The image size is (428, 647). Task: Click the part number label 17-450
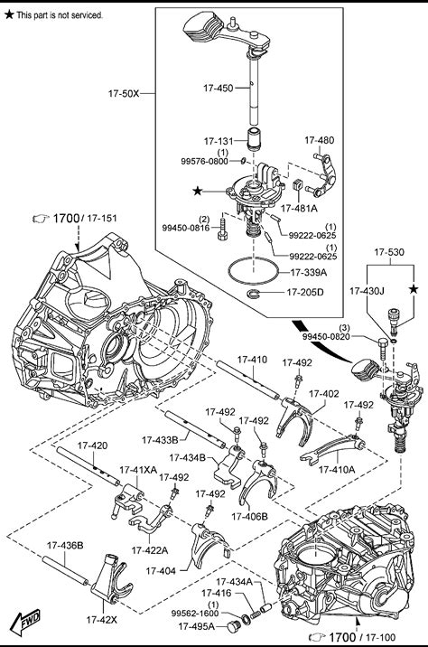coord(219,88)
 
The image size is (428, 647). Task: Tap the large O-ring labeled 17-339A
coord(253,271)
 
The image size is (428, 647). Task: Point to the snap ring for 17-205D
coord(256,294)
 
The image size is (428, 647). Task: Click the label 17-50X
coord(124,93)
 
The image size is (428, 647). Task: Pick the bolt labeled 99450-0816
coord(222,230)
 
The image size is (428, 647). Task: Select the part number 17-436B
coord(65,546)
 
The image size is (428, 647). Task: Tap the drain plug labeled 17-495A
coord(234,627)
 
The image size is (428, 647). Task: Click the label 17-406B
coord(249,516)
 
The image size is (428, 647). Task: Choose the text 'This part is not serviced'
coord(60,15)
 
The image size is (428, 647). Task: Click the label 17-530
coord(389,252)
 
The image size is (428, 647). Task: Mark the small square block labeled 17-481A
coord(297,185)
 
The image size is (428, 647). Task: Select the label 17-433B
coord(160,440)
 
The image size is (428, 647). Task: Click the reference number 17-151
coord(102,219)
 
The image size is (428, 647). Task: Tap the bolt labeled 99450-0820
coord(382,349)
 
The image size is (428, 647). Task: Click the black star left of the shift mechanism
coord(198,191)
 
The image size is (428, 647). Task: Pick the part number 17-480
coord(320,140)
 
